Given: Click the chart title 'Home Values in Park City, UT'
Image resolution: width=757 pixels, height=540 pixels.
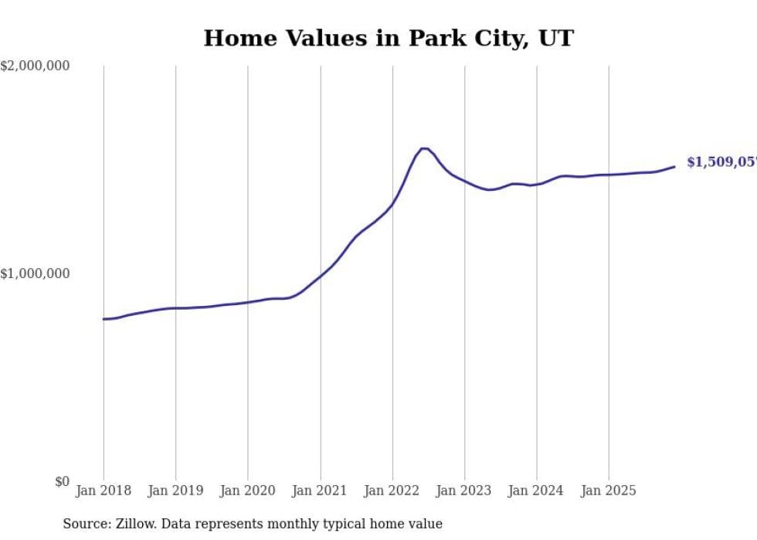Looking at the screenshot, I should [x=389, y=38].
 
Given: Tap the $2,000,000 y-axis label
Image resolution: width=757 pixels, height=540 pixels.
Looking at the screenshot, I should [x=35, y=66].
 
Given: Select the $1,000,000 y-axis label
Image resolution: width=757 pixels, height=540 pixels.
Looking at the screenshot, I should [x=35, y=273].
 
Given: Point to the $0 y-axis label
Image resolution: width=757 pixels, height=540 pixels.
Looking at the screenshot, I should [x=62, y=481].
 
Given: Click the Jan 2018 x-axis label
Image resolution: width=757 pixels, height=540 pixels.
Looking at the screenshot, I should [x=104, y=491].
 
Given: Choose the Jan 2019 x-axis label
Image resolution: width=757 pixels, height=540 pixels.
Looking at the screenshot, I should [x=175, y=491].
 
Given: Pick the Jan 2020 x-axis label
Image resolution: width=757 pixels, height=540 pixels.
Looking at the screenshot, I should [x=248, y=491].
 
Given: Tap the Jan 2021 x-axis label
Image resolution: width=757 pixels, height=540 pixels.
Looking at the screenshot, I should [x=320, y=491].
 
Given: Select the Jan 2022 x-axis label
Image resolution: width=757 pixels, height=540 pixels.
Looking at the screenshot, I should [x=392, y=491].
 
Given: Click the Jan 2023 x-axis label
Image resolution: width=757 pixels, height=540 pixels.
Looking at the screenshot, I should [x=464, y=491].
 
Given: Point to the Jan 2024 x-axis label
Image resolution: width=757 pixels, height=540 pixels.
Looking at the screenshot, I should [x=537, y=491].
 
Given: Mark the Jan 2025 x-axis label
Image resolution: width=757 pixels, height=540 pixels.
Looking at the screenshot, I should [x=609, y=491].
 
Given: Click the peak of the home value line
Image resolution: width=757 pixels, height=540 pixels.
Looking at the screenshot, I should [x=424, y=148].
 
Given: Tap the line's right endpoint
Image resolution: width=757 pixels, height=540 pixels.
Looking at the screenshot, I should [x=674, y=167].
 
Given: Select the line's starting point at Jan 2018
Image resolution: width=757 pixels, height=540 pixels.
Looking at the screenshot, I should [x=104, y=319].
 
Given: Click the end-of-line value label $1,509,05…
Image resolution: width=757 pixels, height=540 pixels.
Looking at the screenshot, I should [x=721, y=162].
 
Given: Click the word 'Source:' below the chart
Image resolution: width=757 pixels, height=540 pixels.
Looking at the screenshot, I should [x=85, y=525].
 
